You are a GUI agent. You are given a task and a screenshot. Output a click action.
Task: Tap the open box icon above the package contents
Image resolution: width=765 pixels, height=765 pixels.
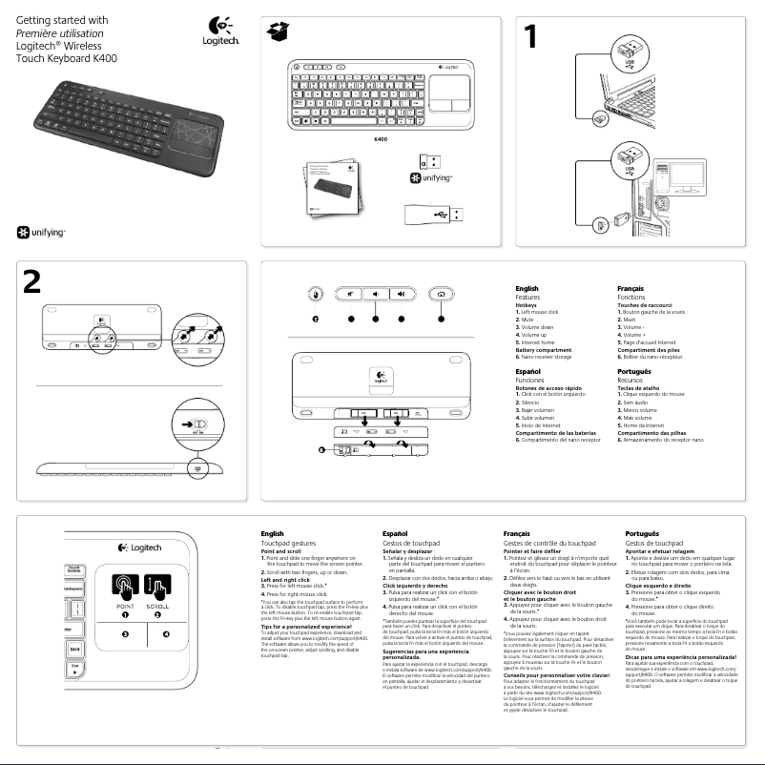(278, 32)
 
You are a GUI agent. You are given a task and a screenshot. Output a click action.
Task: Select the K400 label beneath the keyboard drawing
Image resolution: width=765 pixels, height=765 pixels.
(380, 140)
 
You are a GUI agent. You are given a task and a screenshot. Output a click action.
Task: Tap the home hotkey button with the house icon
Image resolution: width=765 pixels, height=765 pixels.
(439, 295)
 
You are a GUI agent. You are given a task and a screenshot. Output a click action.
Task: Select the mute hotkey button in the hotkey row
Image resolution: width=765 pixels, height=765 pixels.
(351, 295)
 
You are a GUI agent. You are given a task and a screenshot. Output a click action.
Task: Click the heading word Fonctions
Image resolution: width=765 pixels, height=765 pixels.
(631, 298)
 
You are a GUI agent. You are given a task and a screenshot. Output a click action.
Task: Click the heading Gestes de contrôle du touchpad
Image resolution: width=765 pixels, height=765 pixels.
(548, 542)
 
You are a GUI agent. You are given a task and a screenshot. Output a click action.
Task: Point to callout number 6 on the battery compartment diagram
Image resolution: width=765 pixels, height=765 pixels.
(322, 448)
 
